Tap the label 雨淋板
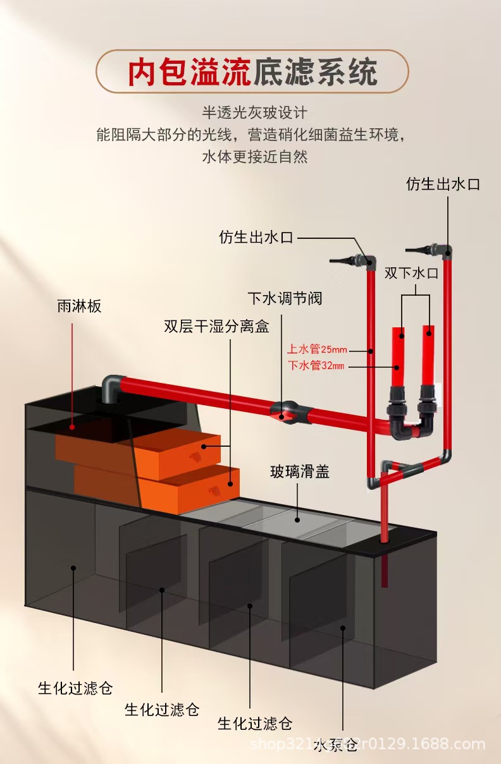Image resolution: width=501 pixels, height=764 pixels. [x=79, y=306]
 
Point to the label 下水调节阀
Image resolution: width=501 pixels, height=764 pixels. [x=285, y=298]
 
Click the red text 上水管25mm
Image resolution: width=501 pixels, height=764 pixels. [x=316, y=349]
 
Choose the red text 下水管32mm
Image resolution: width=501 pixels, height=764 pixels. [x=316, y=365]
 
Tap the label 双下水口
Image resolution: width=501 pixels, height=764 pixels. [x=411, y=273]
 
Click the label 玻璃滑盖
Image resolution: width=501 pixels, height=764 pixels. [x=300, y=471]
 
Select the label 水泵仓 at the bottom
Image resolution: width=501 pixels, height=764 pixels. [x=335, y=745]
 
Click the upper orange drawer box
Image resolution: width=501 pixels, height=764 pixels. [x=171, y=454]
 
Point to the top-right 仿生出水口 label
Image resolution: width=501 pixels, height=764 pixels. [x=443, y=184]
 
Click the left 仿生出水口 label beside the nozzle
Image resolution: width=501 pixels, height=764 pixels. [x=256, y=238]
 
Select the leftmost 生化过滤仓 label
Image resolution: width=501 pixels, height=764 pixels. [x=75, y=688]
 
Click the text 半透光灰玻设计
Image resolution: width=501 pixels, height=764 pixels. [x=254, y=113]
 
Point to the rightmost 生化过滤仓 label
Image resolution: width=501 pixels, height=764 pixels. [x=255, y=722]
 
